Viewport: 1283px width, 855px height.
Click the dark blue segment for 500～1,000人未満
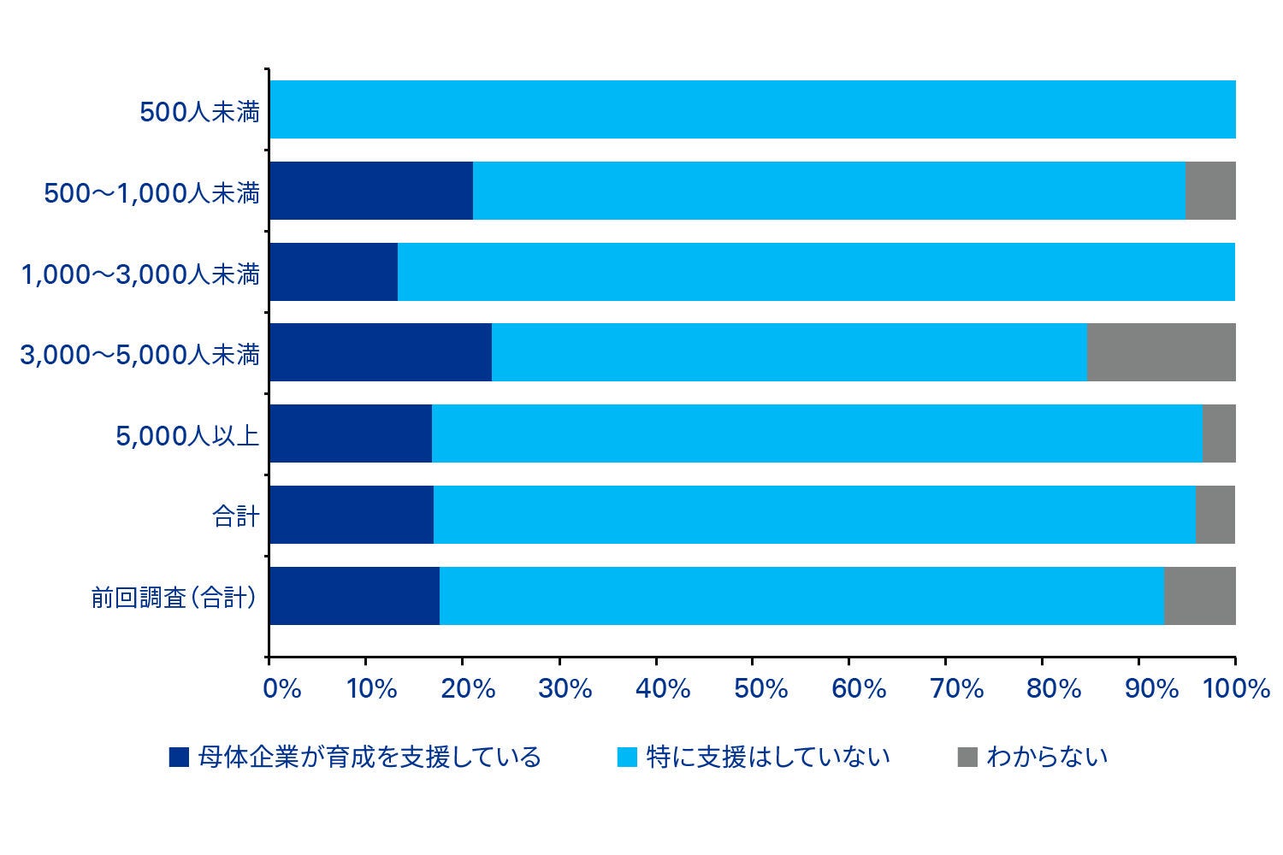(x=371, y=191)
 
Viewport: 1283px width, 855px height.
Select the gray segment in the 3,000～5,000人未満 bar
(x=1161, y=352)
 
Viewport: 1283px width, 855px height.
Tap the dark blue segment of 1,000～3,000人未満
(x=334, y=272)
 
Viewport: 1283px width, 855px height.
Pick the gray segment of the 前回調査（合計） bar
(x=1199, y=596)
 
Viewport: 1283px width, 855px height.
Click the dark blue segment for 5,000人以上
(x=351, y=433)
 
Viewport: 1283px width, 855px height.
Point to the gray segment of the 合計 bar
(x=1215, y=515)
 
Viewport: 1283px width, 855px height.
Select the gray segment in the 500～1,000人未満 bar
(x=1210, y=191)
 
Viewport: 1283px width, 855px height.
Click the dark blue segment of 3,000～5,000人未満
(x=381, y=352)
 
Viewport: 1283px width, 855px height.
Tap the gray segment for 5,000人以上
(x=1219, y=433)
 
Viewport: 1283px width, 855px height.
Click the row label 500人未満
(x=199, y=111)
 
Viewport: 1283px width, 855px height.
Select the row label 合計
(x=235, y=516)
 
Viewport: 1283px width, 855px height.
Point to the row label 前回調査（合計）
(x=174, y=597)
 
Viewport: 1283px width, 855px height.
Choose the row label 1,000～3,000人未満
(x=140, y=274)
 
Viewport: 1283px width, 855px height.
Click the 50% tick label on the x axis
(x=760, y=688)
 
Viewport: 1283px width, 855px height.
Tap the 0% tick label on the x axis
(x=282, y=688)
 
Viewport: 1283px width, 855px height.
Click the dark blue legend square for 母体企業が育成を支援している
(x=179, y=758)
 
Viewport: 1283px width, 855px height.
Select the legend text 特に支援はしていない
(x=768, y=758)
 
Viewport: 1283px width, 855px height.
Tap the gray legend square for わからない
(x=967, y=758)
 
